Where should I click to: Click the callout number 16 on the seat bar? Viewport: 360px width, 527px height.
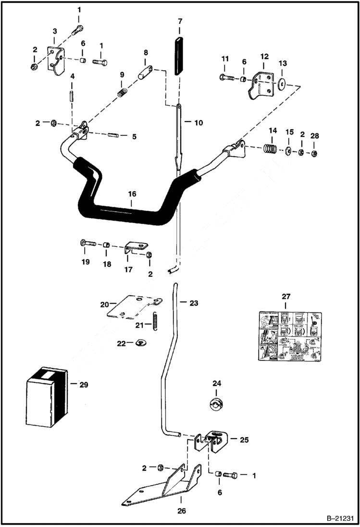132,194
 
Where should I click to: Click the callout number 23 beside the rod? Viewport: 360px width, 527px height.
193,303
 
